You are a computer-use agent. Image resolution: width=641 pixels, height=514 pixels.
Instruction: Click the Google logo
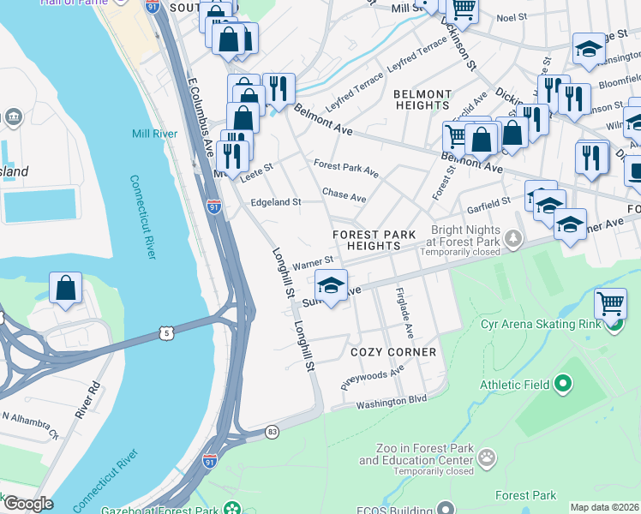tap(27, 504)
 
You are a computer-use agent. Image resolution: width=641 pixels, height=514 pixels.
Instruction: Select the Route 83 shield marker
tap(272, 431)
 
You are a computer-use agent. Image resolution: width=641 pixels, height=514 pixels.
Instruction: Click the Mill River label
tap(154, 134)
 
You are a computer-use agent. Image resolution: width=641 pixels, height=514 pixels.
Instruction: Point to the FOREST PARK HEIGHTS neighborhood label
tap(375, 240)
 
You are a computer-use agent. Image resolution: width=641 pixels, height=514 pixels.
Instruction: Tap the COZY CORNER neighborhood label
tap(393, 352)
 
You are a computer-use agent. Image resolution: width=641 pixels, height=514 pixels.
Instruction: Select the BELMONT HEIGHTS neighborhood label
tap(422, 100)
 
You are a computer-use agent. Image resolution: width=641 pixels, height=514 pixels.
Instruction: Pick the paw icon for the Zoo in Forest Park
tap(487, 458)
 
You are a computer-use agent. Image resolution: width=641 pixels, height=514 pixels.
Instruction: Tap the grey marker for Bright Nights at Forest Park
tap(512, 237)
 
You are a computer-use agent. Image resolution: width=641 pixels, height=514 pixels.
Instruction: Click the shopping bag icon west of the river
tap(66, 289)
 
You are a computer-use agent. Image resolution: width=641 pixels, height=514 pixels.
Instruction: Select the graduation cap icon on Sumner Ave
tap(331, 284)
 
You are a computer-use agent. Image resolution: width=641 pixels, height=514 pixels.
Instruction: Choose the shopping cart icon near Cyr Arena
tap(609, 303)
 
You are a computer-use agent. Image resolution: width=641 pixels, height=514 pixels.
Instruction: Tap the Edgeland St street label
tap(275, 202)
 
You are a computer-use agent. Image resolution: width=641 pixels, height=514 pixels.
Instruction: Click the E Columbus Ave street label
tap(201, 118)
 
